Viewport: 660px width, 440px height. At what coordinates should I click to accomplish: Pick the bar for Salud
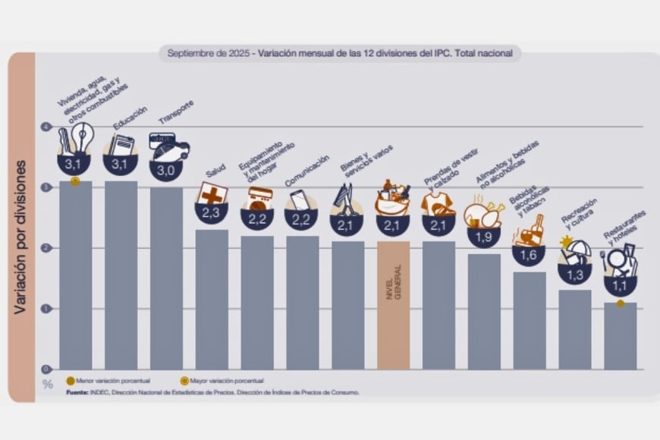tap(212, 299)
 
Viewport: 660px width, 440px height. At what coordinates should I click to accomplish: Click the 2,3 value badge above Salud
tap(212, 213)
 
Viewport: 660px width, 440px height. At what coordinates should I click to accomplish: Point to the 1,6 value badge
tap(529, 256)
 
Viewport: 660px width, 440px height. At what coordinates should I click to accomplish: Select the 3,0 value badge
tap(166, 171)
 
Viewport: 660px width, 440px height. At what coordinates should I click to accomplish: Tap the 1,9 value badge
tap(483, 237)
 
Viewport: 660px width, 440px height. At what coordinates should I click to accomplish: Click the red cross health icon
tap(212, 194)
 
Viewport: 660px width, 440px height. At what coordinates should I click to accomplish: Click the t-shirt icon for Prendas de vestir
tap(438, 203)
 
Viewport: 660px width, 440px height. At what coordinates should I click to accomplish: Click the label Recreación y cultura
tap(579, 213)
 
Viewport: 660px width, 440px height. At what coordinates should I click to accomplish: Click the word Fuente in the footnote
tap(77, 392)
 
